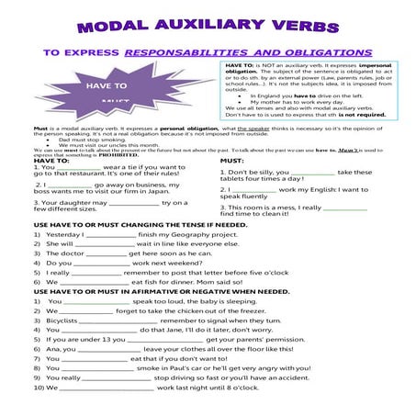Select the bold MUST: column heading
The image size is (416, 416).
coord(230,161)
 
